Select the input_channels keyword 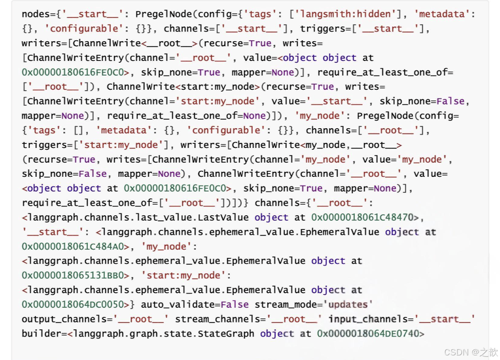(x=370, y=319)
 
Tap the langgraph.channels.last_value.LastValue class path (x=138, y=218)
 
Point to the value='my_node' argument (x=408, y=159)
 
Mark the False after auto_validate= (x=234, y=305)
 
